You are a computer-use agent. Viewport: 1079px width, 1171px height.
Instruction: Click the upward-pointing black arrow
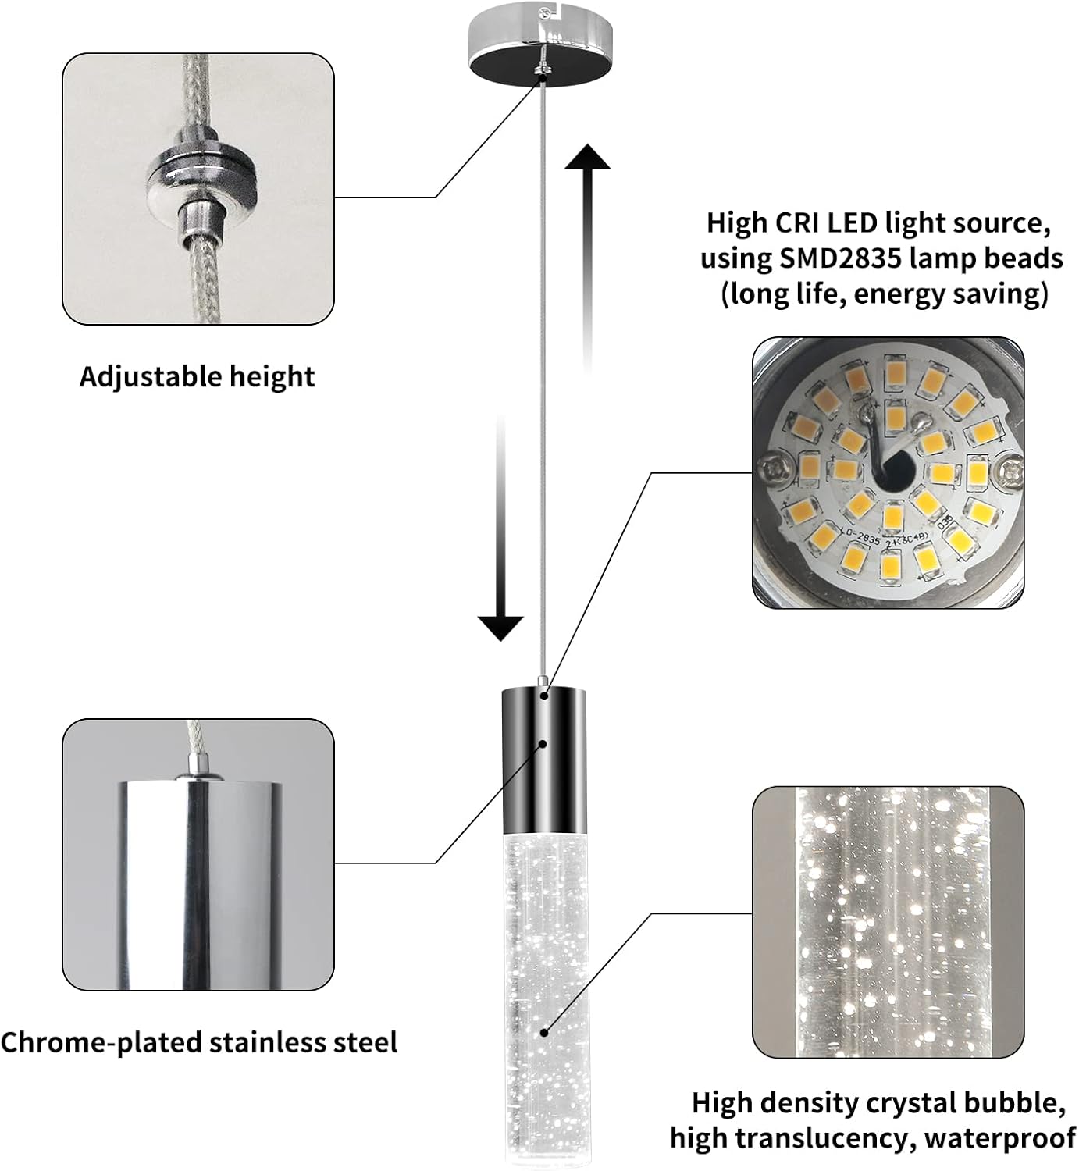(587, 258)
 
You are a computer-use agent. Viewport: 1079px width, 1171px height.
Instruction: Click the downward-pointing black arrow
(500, 531)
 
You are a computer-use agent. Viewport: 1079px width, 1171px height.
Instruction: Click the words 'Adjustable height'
(197, 377)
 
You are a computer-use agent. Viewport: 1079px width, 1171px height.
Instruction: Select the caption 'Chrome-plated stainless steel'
(199, 1042)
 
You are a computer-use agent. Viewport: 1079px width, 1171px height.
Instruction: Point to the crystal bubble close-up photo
(888, 921)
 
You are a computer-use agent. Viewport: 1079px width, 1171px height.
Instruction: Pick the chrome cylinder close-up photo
(198, 854)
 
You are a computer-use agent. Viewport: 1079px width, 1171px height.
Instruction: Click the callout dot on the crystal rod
(543, 1033)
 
